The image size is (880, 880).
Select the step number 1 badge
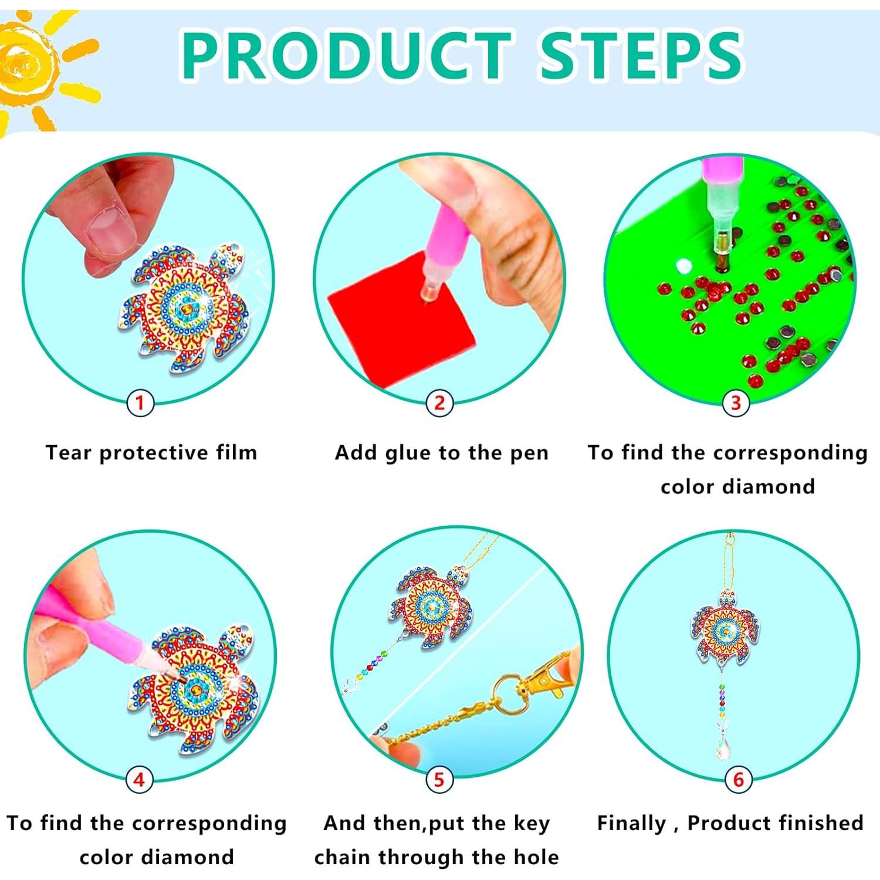[140, 403]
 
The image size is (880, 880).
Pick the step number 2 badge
[439, 403]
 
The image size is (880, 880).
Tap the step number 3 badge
[736, 403]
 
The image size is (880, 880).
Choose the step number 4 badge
[139, 780]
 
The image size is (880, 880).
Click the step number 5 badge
[439, 780]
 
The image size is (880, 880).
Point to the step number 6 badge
[738, 780]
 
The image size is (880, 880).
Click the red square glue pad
[399, 317]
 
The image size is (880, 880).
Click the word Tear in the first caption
[69, 453]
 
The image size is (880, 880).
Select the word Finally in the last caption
[631, 823]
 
